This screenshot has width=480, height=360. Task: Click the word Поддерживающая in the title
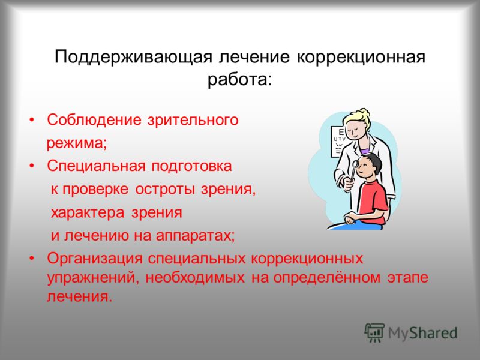coord(133,58)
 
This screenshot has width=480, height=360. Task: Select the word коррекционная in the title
coord(361,58)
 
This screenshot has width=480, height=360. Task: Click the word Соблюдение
coord(94,119)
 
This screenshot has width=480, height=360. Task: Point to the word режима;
coord(77,143)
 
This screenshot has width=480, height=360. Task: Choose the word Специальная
coord(96,166)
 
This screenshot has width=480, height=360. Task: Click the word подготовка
coord(191,166)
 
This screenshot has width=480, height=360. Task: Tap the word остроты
coord(165,189)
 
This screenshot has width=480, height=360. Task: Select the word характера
coord(88,213)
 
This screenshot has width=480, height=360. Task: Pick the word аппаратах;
coord(196,236)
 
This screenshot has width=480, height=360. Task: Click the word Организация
coord(95,259)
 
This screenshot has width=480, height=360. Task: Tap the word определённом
coord(327,278)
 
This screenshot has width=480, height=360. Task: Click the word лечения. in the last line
coord(80,296)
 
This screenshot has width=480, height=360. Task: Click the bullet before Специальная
coord(31,166)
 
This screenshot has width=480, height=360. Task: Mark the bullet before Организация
coord(31,259)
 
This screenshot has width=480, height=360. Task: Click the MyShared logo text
coord(423,333)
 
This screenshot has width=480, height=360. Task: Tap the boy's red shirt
coord(373,202)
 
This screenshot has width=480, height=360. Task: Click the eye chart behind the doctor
coord(338,141)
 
